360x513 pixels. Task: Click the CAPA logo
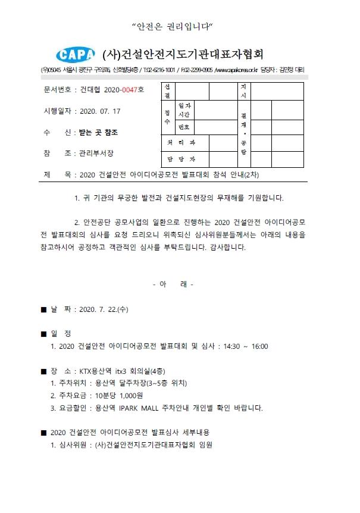tap(75, 55)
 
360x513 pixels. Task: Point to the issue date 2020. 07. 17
tap(100, 111)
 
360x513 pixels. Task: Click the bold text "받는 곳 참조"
tap(98, 132)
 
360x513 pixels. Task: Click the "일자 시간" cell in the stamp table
tap(184, 110)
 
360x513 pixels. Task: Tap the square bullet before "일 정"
tap(43, 333)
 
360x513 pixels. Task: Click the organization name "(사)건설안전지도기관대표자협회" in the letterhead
tap(183, 55)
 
